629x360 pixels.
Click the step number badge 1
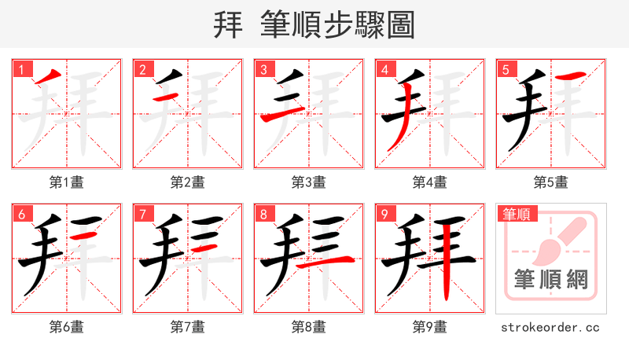(x=20, y=69)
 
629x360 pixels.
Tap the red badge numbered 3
(x=263, y=69)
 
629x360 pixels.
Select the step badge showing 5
(x=505, y=69)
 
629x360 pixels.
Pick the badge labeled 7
(x=142, y=214)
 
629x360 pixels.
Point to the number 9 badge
(x=384, y=214)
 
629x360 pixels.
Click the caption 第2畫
(x=187, y=182)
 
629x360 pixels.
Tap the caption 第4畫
(x=429, y=182)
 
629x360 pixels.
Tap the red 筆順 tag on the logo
(x=516, y=213)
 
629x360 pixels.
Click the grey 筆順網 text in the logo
(x=550, y=279)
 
